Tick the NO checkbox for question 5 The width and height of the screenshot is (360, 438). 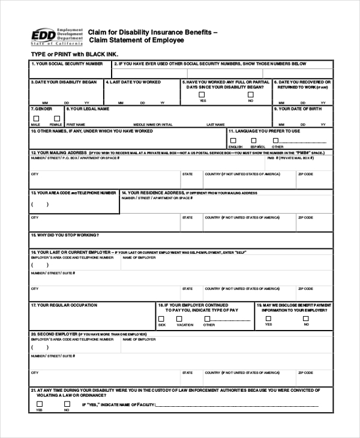coord(250,94)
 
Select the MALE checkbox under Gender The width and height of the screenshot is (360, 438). coord(35,118)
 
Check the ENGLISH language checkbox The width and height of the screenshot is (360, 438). coord(233,140)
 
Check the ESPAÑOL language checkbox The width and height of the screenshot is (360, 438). coord(257,140)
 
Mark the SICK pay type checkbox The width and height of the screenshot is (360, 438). coord(161,319)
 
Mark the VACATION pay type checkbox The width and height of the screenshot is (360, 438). coord(184,319)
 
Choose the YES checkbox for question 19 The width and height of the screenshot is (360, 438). coord(268,319)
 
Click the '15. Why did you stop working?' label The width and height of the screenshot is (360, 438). coord(65,235)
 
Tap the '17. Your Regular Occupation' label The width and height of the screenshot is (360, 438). coord(64,305)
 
